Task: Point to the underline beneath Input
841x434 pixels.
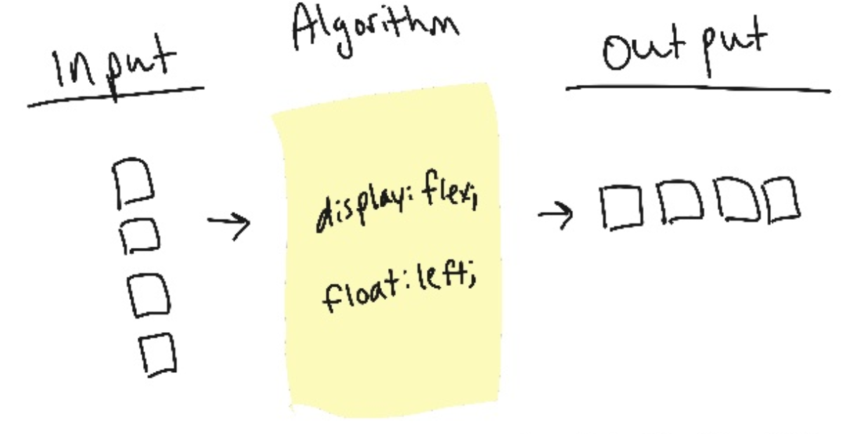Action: (116, 97)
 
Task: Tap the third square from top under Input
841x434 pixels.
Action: (148, 294)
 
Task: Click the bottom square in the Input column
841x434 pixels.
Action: (157, 355)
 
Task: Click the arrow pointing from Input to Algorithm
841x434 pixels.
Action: (229, 225)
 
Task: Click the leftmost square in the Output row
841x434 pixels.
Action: (622, 207)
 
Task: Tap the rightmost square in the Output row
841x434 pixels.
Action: (782, 199)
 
